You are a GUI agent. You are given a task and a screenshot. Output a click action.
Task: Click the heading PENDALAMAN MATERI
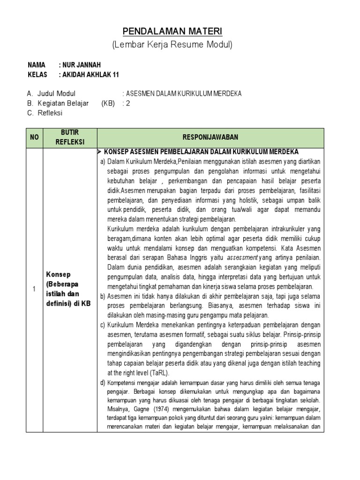click(172, 31)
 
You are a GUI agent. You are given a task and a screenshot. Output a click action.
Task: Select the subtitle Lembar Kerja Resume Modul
click(172, 45)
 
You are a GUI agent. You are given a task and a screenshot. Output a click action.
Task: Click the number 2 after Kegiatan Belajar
click(127, 104)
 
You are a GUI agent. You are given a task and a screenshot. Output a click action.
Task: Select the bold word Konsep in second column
click(58, 274)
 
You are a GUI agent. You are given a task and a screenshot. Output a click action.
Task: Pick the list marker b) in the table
click(102, 297)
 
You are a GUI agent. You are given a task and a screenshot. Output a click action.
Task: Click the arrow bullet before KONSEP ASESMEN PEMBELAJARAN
click(100, 152)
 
